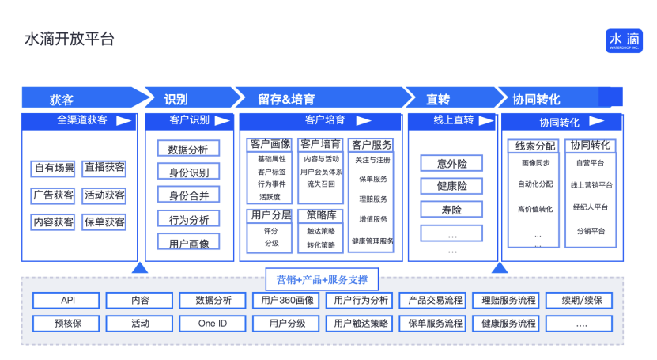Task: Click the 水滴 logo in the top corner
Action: [x=624, y=40]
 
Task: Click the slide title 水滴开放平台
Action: [x=70, y=39]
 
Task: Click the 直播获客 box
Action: [x=104, y=168]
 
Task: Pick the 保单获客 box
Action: [x=104, y=222]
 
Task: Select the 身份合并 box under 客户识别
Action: [x=189, y=195]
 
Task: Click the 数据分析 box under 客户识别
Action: [x=189, y=149]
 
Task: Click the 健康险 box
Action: [x=452, y=187]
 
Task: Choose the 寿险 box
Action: [x=452, y=210]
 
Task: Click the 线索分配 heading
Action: [x=535, y=146]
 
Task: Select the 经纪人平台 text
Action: [x=590, y=208]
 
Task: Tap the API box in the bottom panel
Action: [x=67, y=301]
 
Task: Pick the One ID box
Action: [x=212, y=324]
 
